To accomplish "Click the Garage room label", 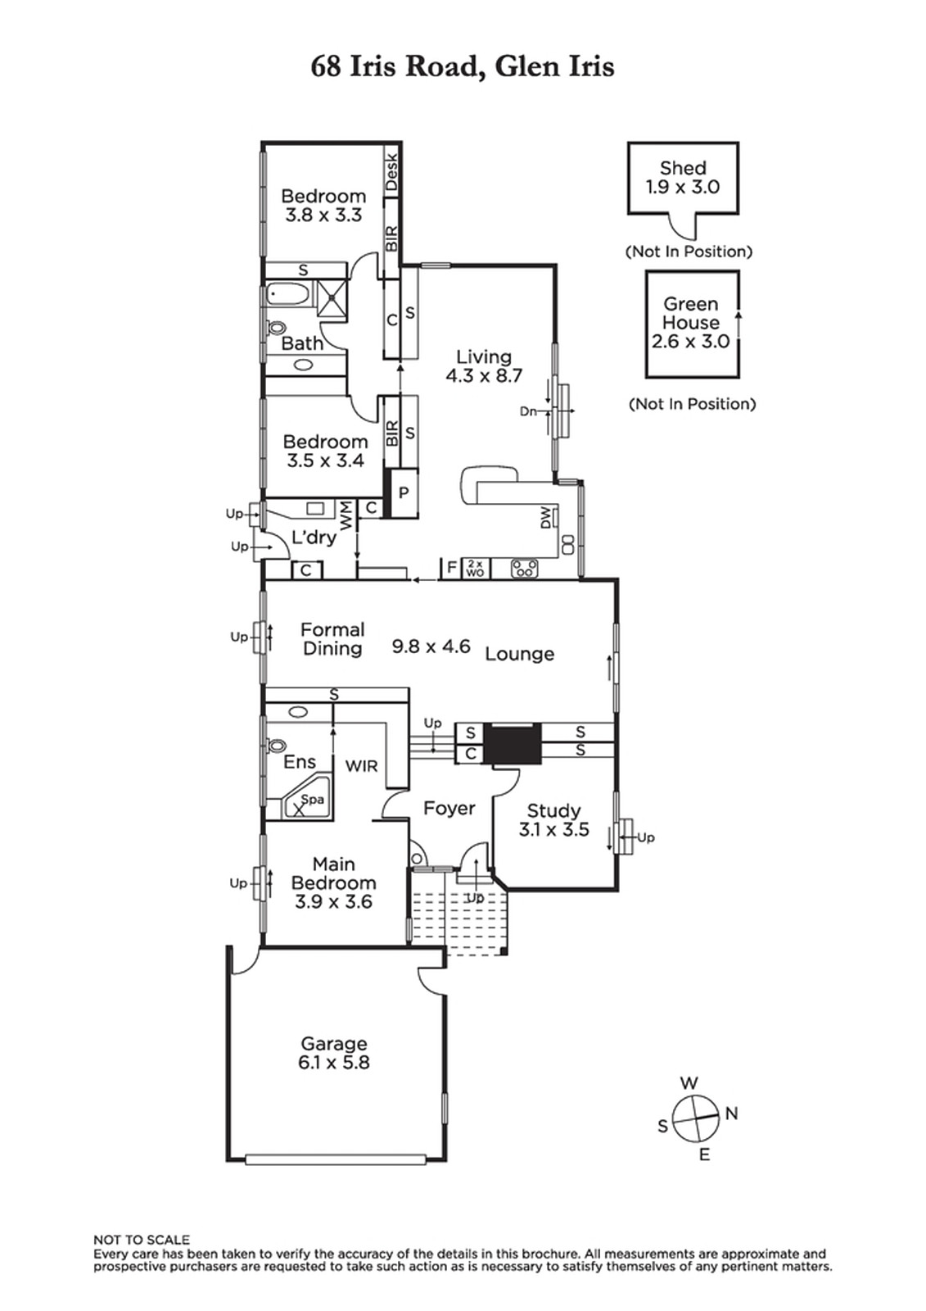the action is click(x=333, y=1043).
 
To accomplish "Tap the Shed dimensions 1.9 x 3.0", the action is click(x=683, y=187).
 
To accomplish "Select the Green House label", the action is click(x=691, y=313).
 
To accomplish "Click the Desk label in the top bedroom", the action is click(x=391, y=171).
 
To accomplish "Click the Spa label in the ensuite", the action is click(x=313, y=799).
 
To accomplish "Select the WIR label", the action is click(x=362, y=765).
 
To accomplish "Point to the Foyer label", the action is click(x=449, y=808).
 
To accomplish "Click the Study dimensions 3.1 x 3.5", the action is click(x=553, y=829).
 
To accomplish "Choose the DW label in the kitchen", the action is click(x=546, y=518).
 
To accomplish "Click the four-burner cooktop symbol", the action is click(x=525, y=569).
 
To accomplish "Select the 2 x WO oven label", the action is click(x=475, y=568).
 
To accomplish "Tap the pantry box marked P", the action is click(x=404, y=492).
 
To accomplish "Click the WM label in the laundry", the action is click(x=346, y=515).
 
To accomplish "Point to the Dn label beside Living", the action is click(x=528, y=411).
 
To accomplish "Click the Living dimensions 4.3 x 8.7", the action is click(x=484, y=375).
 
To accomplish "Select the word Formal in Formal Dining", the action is click(x=332, y=630).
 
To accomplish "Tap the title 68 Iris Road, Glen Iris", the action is click(x=462, y=66).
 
